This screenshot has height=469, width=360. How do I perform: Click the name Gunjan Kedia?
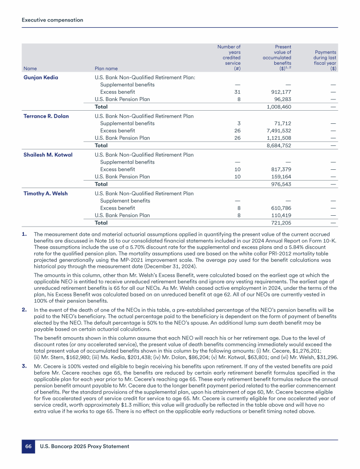41,77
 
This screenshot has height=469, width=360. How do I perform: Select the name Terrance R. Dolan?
46,116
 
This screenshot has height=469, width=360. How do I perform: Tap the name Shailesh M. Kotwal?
48,154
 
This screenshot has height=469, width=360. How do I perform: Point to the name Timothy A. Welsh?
44,193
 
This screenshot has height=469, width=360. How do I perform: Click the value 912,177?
281,92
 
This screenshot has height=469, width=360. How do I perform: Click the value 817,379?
281,169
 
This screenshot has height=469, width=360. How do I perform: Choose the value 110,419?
281,215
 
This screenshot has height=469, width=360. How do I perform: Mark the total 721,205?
281,223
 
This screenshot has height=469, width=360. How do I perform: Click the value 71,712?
283,123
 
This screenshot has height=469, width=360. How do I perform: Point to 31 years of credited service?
237,92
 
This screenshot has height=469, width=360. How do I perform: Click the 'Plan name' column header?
106,68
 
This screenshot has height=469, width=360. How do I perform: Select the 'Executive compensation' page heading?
52,20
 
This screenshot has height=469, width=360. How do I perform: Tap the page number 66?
28,446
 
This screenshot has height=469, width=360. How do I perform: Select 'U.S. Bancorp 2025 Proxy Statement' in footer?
85,446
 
